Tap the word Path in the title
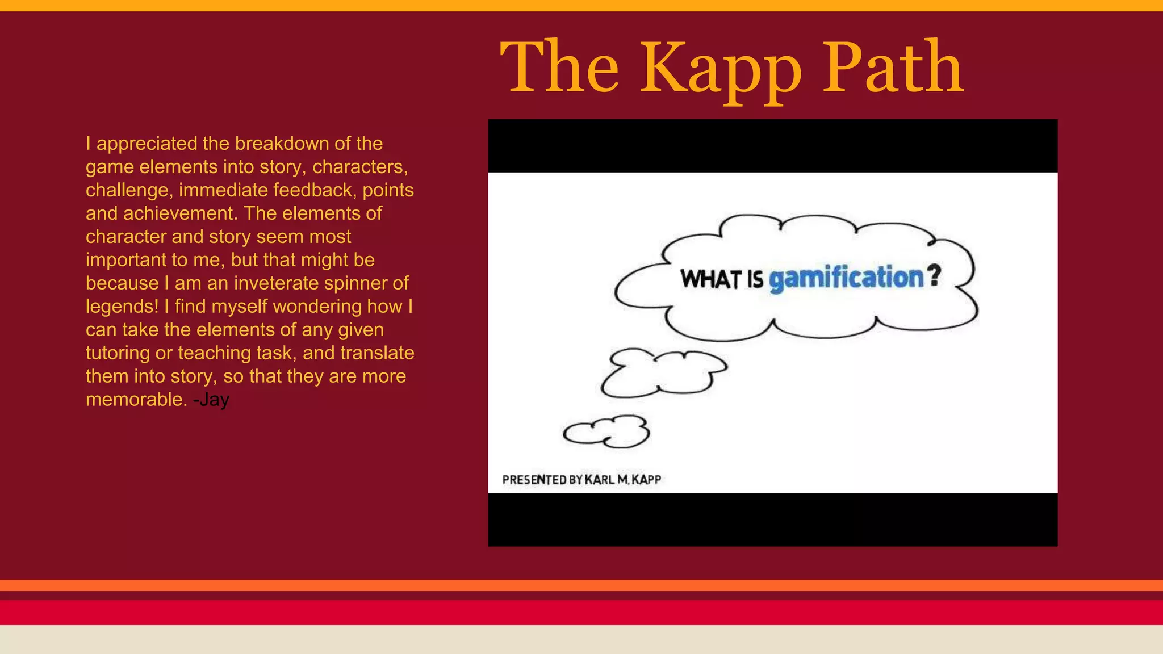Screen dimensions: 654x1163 point(893,67)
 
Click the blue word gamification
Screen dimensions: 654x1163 point(847,278)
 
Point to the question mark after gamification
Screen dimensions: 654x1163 point(934,275)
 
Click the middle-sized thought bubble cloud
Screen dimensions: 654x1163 point(662,372)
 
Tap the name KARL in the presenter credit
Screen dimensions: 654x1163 point(600,480)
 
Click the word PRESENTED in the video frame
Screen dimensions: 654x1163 point(534,480)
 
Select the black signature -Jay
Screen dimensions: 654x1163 point(211,400)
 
